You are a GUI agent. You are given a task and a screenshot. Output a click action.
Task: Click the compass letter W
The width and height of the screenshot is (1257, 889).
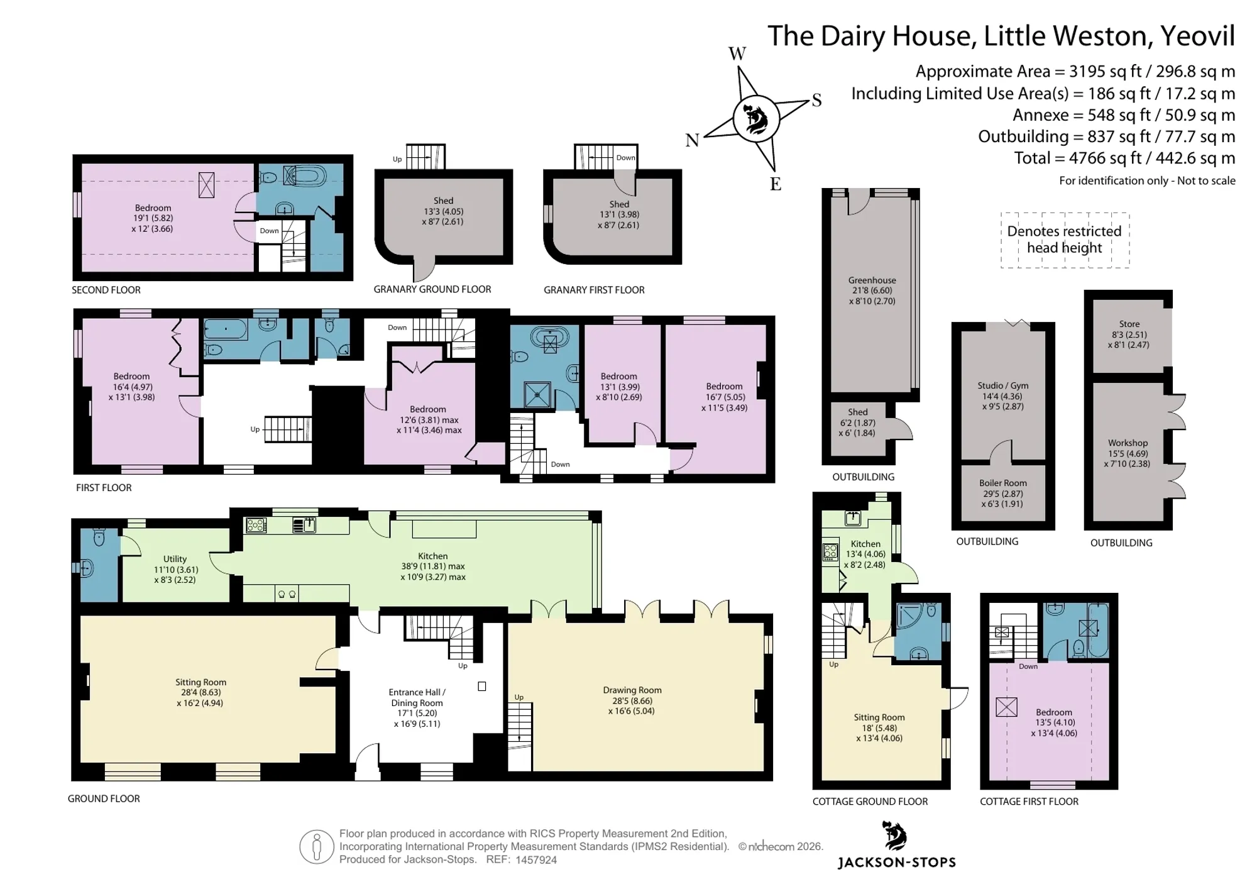pos(737,53)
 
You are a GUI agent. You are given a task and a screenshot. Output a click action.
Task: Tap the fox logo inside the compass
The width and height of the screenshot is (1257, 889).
pos(756,119)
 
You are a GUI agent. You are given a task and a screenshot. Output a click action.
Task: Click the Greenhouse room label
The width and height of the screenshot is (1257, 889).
pos(872,280)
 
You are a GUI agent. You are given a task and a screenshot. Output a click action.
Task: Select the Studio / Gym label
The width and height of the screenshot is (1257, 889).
pos(1002,385)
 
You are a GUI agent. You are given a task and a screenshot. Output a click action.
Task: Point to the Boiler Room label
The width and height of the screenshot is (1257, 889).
pos(1002,483)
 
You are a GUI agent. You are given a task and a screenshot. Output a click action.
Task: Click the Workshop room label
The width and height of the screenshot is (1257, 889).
pos(1128,443)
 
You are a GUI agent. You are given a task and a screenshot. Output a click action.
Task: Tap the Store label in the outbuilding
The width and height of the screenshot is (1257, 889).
pos(1129,324)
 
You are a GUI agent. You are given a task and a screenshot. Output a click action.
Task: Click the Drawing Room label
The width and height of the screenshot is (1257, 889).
pos(632,690)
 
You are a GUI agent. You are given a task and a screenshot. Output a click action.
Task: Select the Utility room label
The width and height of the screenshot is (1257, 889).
pos(175,558)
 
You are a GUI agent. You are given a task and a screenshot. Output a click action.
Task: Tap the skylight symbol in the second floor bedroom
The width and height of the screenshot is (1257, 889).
pos(206,185)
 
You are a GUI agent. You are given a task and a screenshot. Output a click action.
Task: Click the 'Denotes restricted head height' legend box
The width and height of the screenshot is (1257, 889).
pos(1065,240)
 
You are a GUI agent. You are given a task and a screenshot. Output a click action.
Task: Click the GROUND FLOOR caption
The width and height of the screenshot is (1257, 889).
pos(104,798)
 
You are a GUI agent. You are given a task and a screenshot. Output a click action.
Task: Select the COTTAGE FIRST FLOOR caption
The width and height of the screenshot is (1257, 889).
pos(1029,801)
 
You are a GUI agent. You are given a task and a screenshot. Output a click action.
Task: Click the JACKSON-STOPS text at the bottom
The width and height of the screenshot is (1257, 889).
pos(896,863)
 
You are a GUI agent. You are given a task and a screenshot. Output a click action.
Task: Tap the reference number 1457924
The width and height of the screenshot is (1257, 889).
pos(536,859)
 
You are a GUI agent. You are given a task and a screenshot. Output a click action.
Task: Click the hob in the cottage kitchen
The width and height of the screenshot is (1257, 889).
pos(830,551)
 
